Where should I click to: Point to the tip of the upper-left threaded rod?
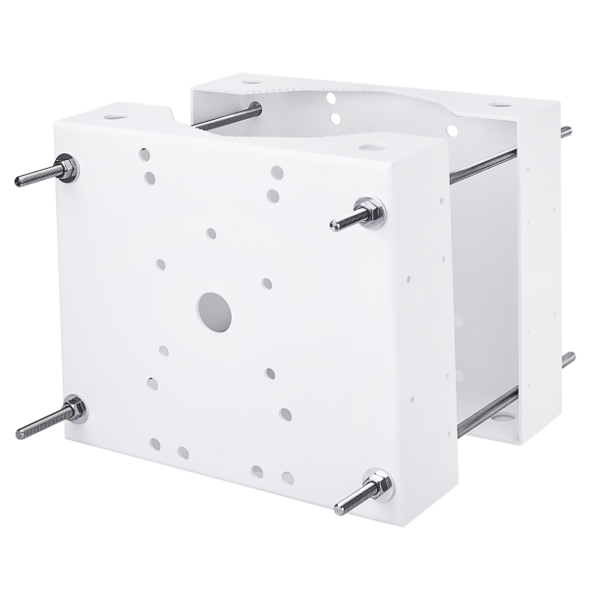[x=21, y=181]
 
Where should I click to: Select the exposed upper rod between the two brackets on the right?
[x=481, y=164]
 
